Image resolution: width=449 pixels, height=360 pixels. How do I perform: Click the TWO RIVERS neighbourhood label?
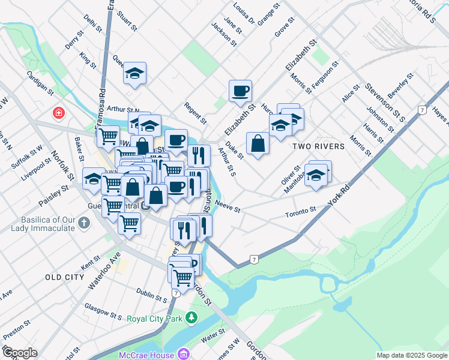coord(318,146)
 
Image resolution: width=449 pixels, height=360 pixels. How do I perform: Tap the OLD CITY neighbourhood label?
coord(64,277)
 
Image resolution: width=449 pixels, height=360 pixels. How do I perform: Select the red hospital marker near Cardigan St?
coord(59,112)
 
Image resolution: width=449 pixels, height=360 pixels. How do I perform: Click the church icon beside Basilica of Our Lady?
coord(84,223)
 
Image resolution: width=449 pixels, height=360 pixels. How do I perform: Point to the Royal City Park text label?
coord(154,319)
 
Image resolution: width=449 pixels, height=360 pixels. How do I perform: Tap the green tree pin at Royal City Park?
coord(192,317)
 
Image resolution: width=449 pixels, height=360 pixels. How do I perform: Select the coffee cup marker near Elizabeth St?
coord(240,91)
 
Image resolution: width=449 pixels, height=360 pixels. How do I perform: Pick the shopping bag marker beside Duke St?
coord(258,143)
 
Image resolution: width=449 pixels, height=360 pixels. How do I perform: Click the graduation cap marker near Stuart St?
coord(135,74)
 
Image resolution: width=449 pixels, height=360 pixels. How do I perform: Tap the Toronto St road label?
coord(301,211)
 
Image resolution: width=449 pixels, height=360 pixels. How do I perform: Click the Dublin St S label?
coord(151,296)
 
